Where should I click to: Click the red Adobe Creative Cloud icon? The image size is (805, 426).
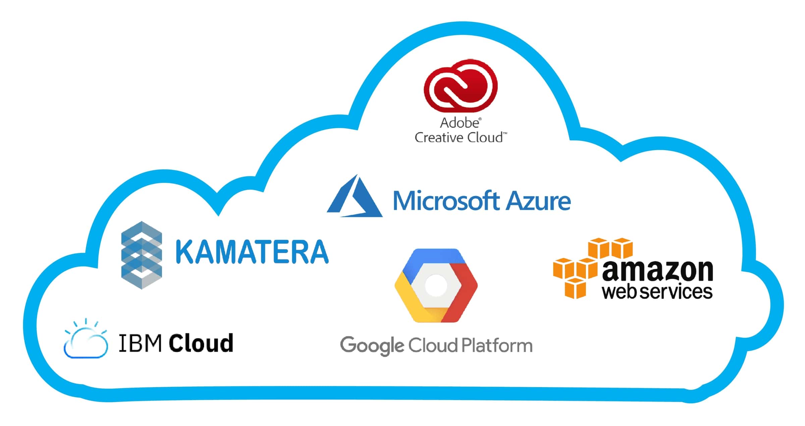(x=461, y=86)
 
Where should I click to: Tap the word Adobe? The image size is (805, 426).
(x=460, y=123)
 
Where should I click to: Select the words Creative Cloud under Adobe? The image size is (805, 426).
(x=459, y=138)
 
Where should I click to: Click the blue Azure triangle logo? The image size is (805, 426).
(x=355, y=198)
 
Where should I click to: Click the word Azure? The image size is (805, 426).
(x=539, y=201)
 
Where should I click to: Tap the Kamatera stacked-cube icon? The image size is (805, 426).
(x=142, y=255)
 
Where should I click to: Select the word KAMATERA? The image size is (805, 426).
(x=252, y=252)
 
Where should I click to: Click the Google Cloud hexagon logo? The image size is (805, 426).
(x=436, y=286)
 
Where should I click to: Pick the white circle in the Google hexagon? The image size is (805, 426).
(x=436, y=286)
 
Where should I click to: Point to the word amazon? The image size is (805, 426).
(x=657, y=271)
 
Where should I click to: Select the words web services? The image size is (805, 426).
(x=657, y=292)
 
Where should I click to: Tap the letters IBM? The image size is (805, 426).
(x=140, y=343)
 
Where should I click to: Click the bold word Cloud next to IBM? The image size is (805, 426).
(x=201, y=343)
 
